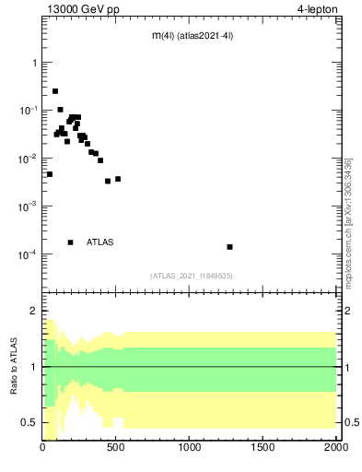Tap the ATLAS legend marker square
pos(70,242)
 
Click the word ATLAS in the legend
pos(100,242)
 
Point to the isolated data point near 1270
pos(229,247)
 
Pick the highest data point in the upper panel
pos(55,91)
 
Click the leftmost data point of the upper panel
pos(50,174)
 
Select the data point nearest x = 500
pos(118,179)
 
